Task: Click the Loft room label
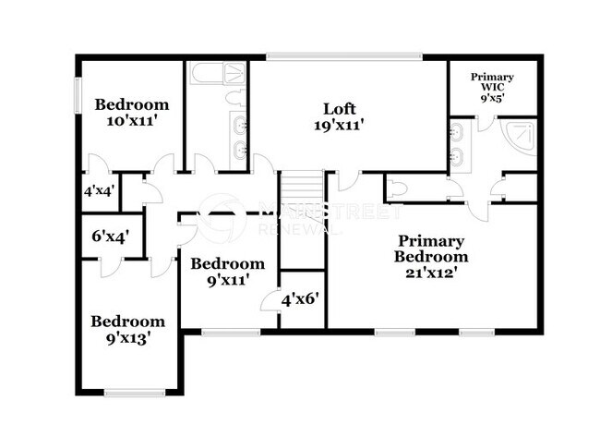tap(339, 115)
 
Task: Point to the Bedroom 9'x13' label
tap(127, 330)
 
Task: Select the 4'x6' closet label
tap(300, 299)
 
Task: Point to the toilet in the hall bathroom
tap(235, 96)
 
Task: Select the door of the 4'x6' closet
tap(270, 299)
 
